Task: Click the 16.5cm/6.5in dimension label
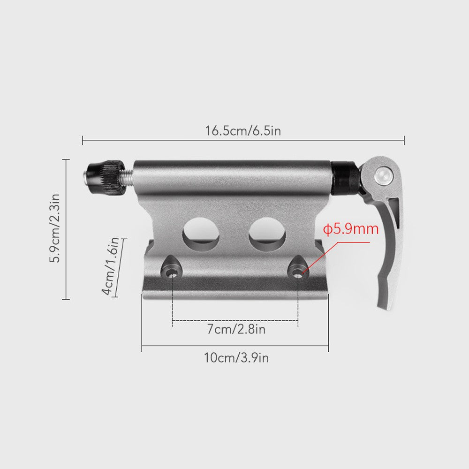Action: (x=242, y=130)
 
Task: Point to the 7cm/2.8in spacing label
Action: (x=236, y=329)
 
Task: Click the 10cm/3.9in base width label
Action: (x=236, y=358)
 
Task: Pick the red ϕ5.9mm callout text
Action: (x=351, y=230)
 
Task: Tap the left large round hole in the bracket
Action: (x=201, y=234)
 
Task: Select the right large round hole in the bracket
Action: (x=267, y=234)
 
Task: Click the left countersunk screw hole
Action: (x=172, y=271)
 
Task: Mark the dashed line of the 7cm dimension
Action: (x=234, y=321)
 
